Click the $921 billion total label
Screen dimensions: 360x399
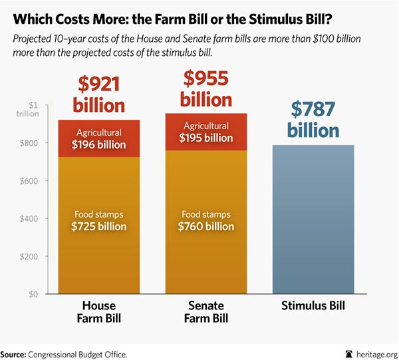pos(99,94)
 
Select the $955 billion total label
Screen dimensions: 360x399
pos(206,89)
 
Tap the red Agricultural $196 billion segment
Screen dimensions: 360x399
pos(99,138)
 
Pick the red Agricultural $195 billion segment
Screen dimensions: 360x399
pos(206,132)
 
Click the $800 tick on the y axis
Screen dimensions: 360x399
pos(38,143)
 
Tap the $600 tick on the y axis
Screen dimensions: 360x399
pos(38,181)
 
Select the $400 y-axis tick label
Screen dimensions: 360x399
pos(38,219)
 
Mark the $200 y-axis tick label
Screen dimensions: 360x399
pos(38,257)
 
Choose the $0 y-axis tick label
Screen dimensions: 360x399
pos(41,294)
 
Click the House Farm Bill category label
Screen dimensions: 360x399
pos(99,313)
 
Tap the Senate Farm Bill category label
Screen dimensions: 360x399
pos(206,313)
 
